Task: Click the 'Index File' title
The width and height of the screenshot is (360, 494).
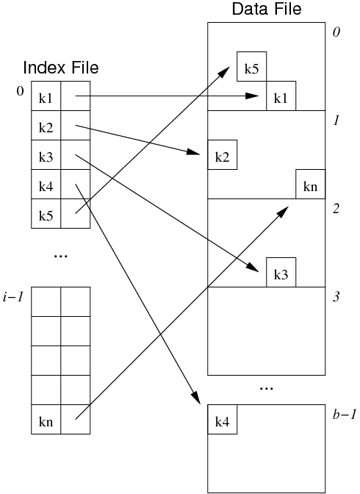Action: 61,68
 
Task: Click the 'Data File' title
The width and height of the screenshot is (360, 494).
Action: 267,9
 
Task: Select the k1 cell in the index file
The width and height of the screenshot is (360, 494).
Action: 46,96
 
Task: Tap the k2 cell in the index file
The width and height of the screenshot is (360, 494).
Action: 46,126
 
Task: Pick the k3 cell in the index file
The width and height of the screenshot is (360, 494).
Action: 46,154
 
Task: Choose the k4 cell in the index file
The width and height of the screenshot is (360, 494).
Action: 46,185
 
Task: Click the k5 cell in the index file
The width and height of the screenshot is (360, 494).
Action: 46,214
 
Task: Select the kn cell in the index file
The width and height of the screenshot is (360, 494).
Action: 46,419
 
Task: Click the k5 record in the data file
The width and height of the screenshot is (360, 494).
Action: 252,66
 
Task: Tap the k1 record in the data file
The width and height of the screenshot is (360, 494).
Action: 281,96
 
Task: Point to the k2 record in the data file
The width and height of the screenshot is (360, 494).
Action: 223,154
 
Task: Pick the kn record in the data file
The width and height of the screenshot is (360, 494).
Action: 310,184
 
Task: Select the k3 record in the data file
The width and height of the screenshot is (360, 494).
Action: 281,272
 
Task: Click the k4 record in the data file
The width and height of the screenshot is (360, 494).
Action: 223,419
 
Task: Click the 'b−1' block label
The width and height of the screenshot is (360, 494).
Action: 345,415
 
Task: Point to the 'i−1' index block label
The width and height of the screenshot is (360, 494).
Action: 13,297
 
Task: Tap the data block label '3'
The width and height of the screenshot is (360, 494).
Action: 336,297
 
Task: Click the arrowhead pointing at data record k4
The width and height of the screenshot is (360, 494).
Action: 197,398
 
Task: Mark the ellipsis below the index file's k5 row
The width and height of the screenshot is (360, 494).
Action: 61,256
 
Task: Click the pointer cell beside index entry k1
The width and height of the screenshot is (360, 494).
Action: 75,96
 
